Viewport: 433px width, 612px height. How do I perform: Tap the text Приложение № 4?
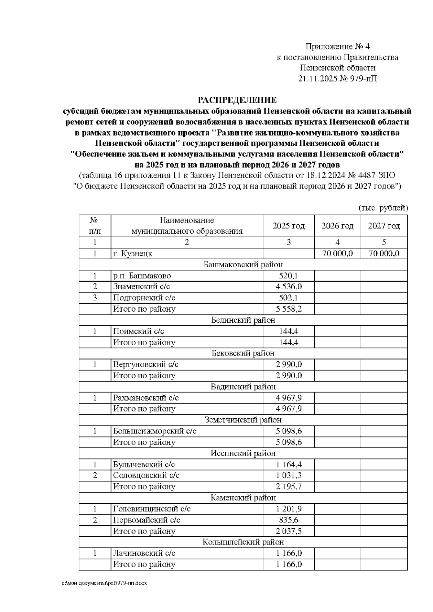click(337, 47)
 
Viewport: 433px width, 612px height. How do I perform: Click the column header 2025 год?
click(288, 226)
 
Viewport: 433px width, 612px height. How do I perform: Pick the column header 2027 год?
click(384, 226)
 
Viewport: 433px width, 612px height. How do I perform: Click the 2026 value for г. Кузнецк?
click(337, 254)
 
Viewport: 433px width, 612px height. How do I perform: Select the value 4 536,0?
click(289, 287)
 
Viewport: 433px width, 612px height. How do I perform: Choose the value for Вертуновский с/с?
click(289, 364)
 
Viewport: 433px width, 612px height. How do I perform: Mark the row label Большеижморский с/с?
click(154, 431)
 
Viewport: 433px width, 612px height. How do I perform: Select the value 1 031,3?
click(289, 475)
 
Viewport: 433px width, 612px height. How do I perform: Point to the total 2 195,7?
click(289, 486)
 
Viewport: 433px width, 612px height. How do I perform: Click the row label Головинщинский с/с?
click(152, 509)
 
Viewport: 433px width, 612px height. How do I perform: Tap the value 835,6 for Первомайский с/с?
click(289, 520)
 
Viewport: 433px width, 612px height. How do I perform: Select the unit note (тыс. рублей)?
click(383, 208)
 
